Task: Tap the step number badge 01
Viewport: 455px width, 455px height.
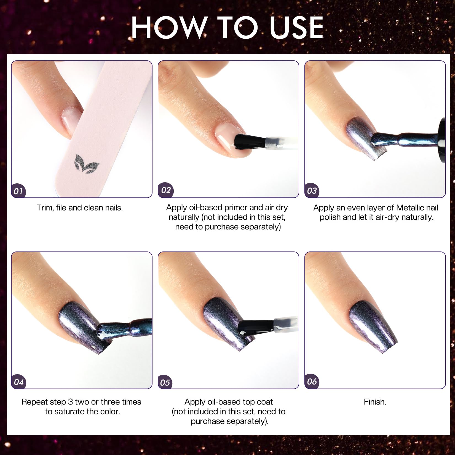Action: coord(18,191)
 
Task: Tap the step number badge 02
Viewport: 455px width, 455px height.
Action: coord(166,190)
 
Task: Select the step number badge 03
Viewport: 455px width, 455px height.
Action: coord(312,191)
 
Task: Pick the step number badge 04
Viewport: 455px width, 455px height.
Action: coord(19,382)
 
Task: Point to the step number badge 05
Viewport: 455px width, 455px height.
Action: coord(165,383)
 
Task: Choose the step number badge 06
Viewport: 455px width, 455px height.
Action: coord(312,382)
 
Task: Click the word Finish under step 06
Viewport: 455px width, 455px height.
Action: coord(374,402)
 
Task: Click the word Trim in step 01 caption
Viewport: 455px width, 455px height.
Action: coord(45,208)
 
